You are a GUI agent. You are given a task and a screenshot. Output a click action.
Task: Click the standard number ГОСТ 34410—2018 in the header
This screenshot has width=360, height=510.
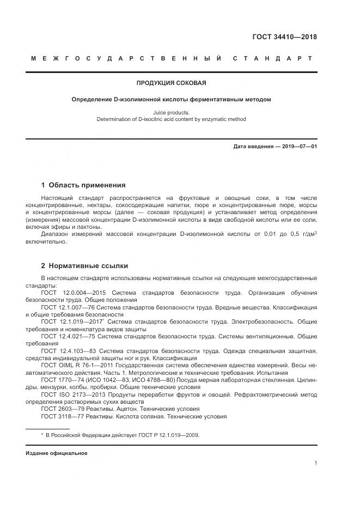pos(284,37)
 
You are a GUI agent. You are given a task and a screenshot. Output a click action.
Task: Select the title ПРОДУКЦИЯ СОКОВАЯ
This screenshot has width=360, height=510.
pos(171,83)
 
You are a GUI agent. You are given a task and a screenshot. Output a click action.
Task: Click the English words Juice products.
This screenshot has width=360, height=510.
pos(171,113)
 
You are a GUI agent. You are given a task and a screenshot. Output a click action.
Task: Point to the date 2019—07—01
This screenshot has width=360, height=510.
pos(298,147)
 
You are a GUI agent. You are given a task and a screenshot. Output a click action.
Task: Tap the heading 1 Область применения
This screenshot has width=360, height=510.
pos(83,185)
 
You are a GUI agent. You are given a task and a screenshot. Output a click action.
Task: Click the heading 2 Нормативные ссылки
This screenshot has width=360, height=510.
pos(84,265)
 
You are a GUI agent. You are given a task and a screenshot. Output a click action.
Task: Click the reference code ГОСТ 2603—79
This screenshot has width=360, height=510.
pos(60,409)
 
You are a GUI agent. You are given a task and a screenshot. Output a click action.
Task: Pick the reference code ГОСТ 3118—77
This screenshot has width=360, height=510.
pos(60,417)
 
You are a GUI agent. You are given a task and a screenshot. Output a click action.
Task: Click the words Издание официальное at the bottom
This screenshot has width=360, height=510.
pos(56,453)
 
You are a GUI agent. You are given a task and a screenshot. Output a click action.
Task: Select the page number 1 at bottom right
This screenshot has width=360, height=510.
pos(315,463)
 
